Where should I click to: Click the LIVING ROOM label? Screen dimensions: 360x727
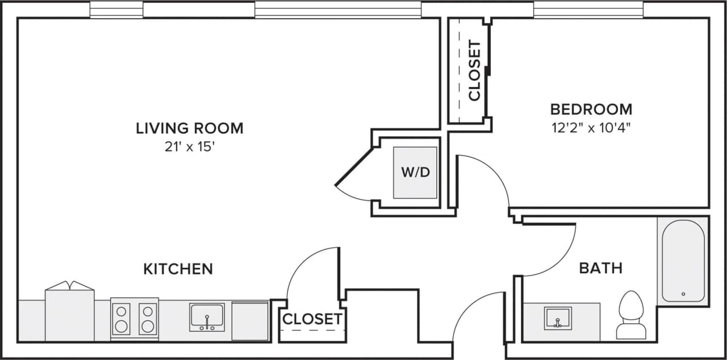189,128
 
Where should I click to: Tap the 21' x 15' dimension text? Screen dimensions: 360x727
189,148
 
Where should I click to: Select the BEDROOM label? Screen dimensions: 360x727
591,108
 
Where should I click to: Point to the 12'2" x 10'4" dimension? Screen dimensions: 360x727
591,127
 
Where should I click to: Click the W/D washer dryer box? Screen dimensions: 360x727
416,173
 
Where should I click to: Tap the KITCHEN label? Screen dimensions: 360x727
178,269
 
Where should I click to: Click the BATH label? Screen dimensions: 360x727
600,267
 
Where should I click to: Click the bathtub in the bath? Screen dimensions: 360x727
683,261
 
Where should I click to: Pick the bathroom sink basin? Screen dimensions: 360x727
557,318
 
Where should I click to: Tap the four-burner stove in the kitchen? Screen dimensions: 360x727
135,318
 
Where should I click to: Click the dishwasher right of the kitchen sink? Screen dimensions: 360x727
250,321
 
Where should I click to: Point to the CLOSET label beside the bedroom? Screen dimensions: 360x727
474,70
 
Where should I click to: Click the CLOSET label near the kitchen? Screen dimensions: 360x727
312,319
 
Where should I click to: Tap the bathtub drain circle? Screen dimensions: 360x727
683,294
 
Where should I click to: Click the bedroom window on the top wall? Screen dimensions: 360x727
588,10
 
